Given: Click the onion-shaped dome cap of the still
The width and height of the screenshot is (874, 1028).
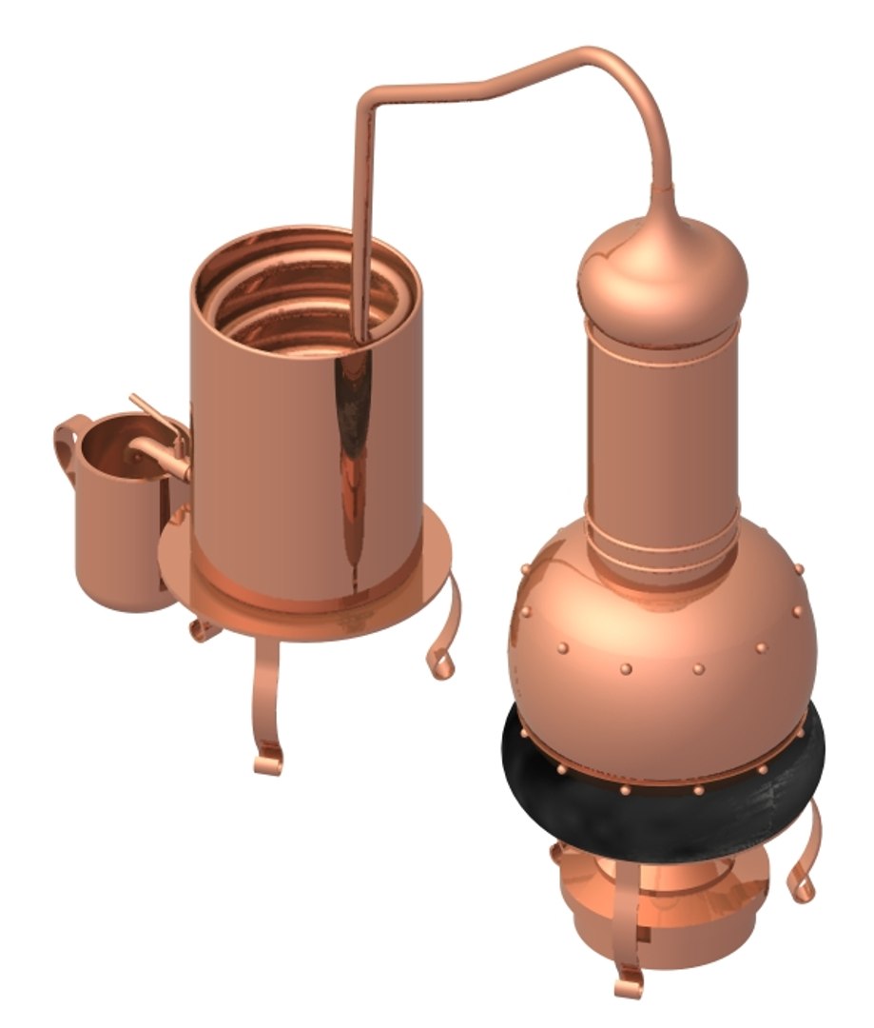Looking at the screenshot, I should (663, 276).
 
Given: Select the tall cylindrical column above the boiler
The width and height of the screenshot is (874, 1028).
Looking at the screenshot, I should (663, 438).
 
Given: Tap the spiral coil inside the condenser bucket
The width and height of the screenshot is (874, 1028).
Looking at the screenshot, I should (304, 295).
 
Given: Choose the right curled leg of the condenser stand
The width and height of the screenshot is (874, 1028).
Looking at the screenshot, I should (445, 638).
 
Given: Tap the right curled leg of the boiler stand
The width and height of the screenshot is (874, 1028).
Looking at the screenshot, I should (804, 857).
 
